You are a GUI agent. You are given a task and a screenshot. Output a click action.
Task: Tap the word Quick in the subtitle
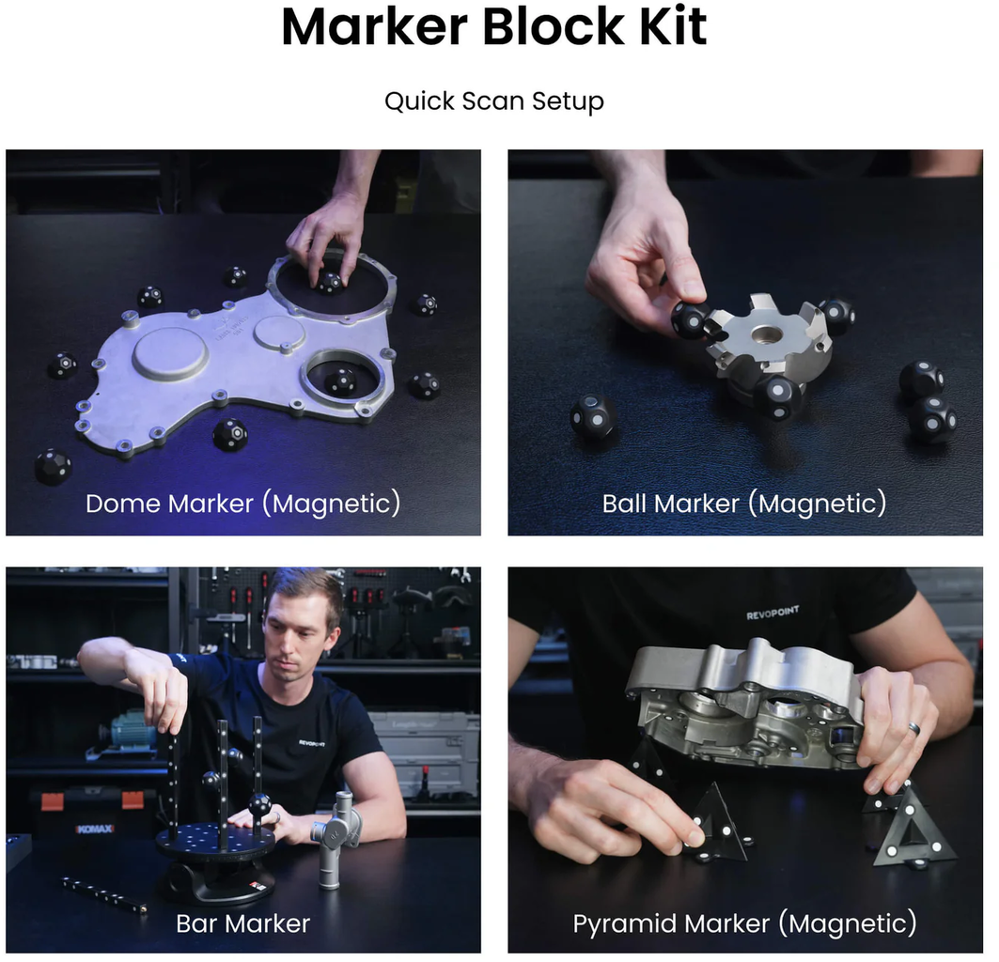click(x=419, y=101)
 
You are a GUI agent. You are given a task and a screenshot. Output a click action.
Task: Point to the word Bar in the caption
click(x=196, y=923)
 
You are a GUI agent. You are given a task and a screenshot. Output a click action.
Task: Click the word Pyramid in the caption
click(x=625, y=924)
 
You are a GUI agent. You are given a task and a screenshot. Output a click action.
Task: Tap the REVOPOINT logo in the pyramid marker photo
click(x=773, y=613)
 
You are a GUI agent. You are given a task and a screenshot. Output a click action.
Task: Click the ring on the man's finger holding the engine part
click(x=915, y=728)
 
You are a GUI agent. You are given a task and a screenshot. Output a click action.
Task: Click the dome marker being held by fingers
click(x=330, y=282)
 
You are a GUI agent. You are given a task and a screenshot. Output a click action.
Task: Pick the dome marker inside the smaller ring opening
click(x=339, y=381)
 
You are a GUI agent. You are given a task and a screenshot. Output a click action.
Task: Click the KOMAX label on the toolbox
click(x=94, y=829)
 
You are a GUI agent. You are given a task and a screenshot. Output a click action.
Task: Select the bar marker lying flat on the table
click(x=104, y=893)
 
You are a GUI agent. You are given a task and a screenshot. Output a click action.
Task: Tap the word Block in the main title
click(x=553, y=26)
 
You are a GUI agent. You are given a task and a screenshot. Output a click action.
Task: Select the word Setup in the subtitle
click(x=568, y=102)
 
